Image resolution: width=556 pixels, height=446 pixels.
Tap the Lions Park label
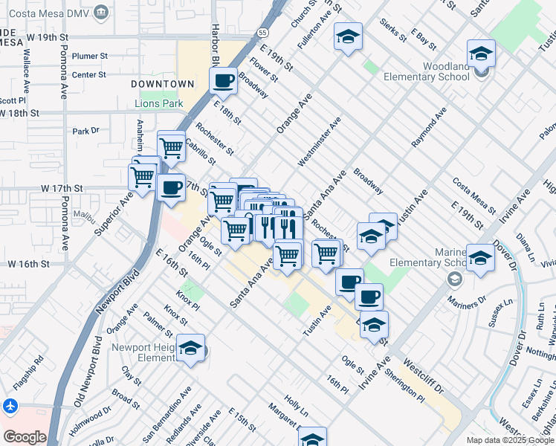(158, 103)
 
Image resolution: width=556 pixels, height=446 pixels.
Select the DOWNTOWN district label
(162, 83)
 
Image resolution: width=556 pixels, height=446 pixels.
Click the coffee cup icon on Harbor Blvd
(223, 80)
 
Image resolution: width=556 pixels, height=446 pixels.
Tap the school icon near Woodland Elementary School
(481, 54)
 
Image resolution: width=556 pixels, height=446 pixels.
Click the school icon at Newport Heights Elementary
(191, 349)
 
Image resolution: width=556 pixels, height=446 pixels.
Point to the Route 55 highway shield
(263, 33)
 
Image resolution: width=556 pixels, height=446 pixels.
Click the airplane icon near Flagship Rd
(9, 407)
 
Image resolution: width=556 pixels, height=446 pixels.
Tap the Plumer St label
(90, 56)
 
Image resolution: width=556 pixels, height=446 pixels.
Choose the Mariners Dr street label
(466, 300)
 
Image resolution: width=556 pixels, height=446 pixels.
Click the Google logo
(25, 437)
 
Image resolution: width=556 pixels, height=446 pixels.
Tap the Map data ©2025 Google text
(511, 440)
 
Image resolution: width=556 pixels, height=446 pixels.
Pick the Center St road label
(89, 74)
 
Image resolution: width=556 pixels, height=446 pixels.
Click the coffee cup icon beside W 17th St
(171, 187)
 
